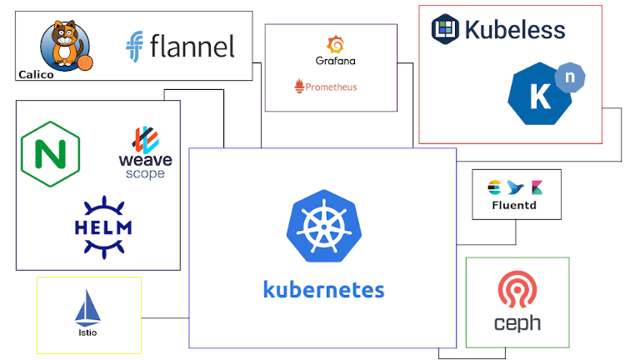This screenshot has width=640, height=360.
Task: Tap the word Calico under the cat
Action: (36, 74)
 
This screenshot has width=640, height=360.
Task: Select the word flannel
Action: (192, 47)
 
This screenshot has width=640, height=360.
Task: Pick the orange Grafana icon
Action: (336, 44)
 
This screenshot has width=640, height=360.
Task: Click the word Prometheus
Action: (331, 86)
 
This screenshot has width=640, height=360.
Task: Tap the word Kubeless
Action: (514, 30)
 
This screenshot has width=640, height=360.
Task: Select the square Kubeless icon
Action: (445, 29)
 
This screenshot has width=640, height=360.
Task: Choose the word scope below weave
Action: (145, 174)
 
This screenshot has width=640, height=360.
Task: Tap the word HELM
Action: (103, 227)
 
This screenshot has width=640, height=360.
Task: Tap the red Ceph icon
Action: (517, 290)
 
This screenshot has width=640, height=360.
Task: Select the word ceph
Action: (517, 323)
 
